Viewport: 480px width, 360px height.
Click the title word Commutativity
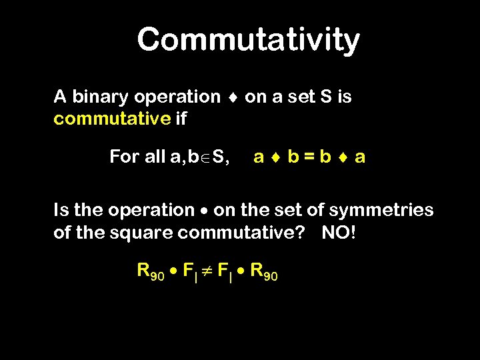point(248,40)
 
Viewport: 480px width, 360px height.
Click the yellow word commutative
point(112,119)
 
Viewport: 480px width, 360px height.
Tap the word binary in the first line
point(100,97)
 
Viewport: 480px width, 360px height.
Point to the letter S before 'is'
point(326,97)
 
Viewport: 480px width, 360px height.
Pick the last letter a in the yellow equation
point(360,158)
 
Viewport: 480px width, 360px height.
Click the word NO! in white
point(340,234)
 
